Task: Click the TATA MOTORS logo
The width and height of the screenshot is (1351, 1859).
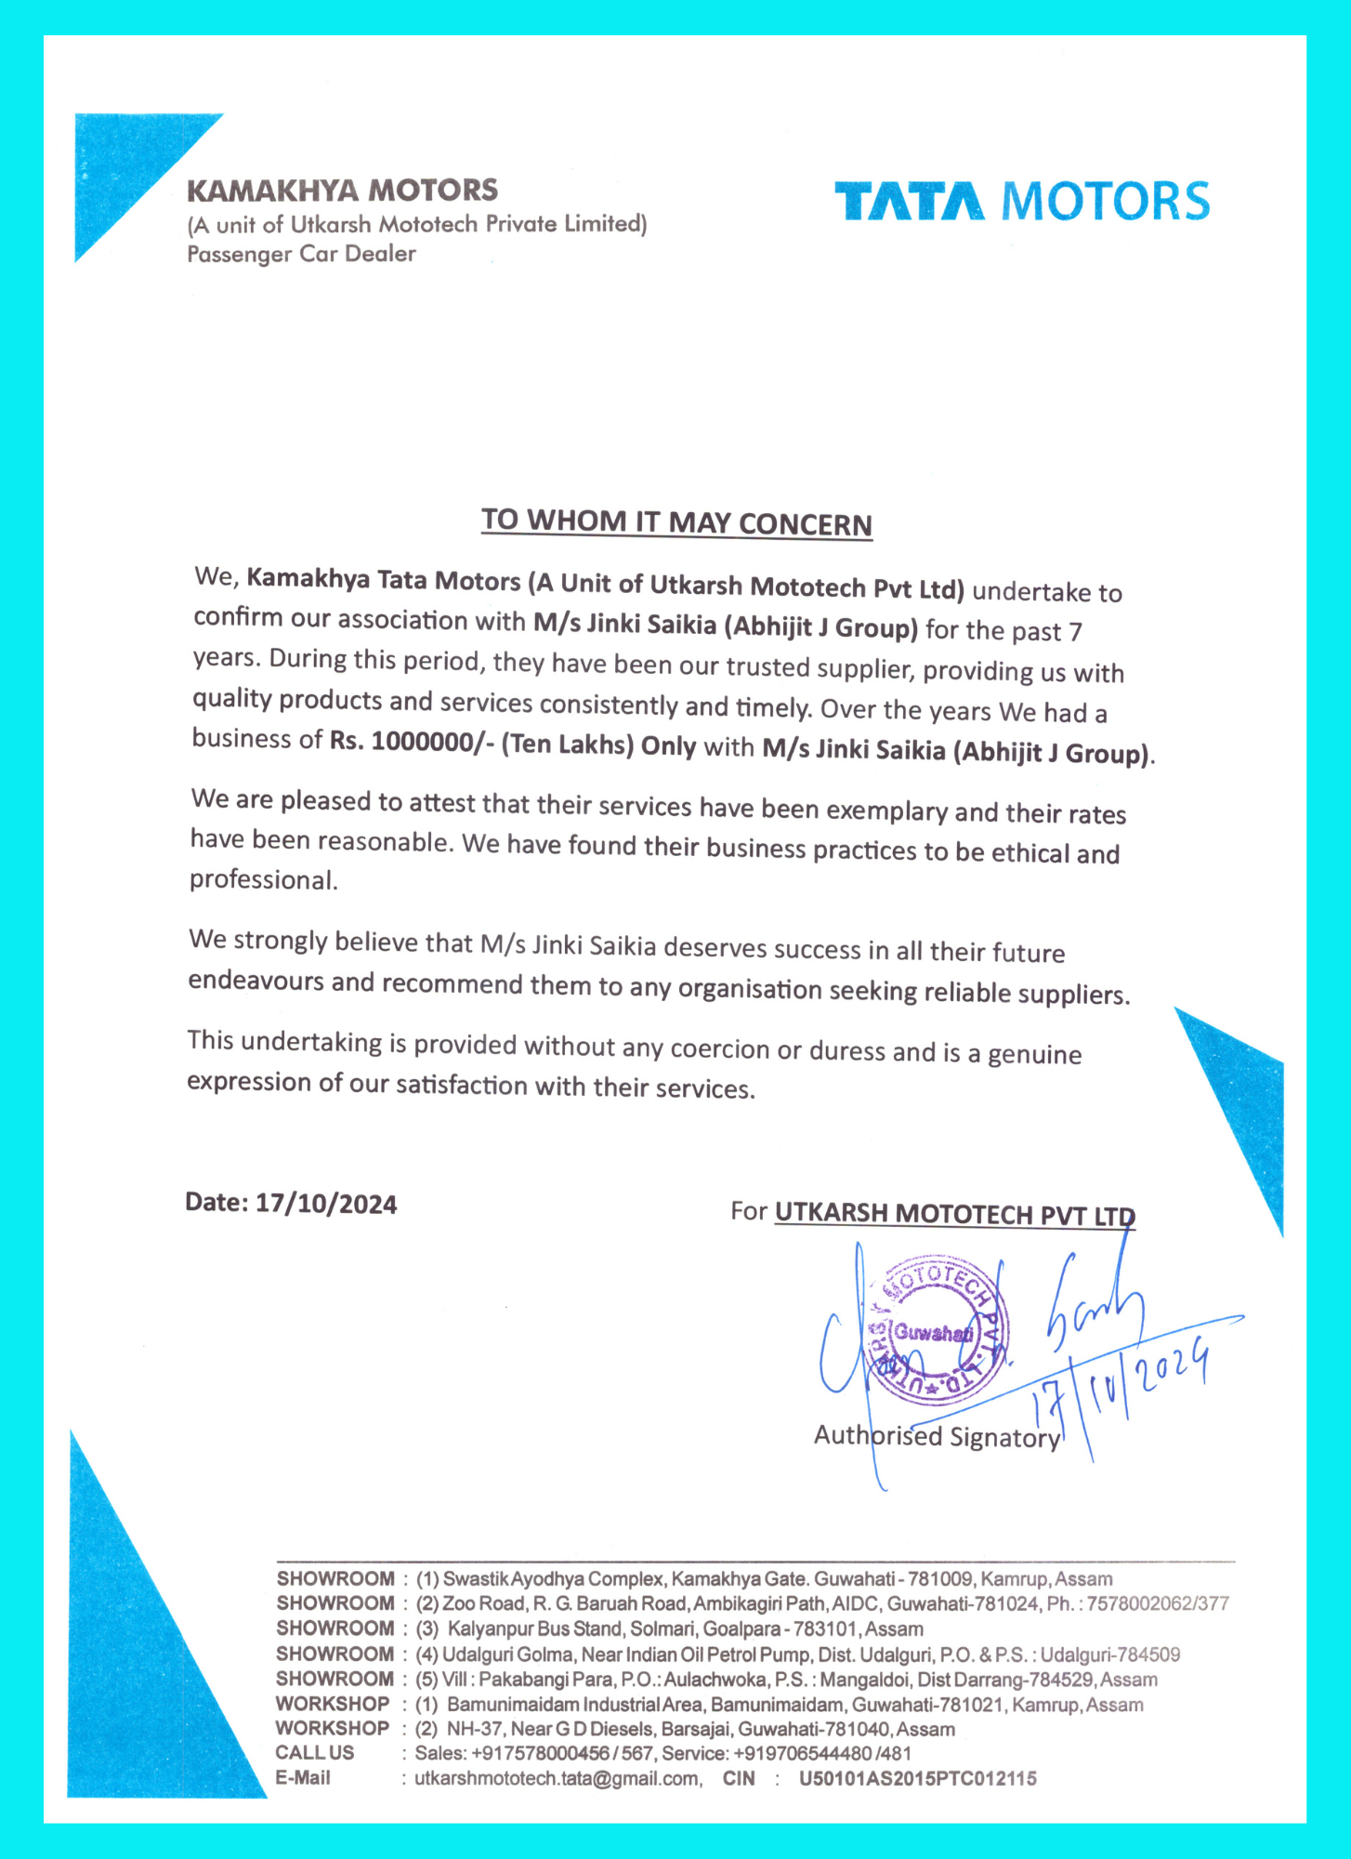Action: pos(1022,201)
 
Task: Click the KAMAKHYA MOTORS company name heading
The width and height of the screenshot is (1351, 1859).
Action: pos(342,191)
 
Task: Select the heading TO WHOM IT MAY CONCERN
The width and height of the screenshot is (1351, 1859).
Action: pos(676,522)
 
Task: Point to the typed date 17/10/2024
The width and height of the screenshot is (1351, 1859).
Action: pos(326,1204)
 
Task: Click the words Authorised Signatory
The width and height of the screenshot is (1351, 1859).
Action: pos(937,1437)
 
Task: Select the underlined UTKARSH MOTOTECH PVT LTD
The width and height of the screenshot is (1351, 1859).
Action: pos(954,1214)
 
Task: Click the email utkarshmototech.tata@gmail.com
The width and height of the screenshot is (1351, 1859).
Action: pos(557,1778)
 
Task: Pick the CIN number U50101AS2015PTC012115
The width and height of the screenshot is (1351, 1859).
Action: pos(917,1778)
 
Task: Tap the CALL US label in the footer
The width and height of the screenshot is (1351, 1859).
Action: pos(314,1753)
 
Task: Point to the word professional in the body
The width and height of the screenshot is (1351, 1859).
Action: pos(263,880)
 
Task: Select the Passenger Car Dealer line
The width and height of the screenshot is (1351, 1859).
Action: pos(301,254)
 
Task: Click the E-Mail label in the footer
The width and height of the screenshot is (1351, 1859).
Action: pos(303,1777)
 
